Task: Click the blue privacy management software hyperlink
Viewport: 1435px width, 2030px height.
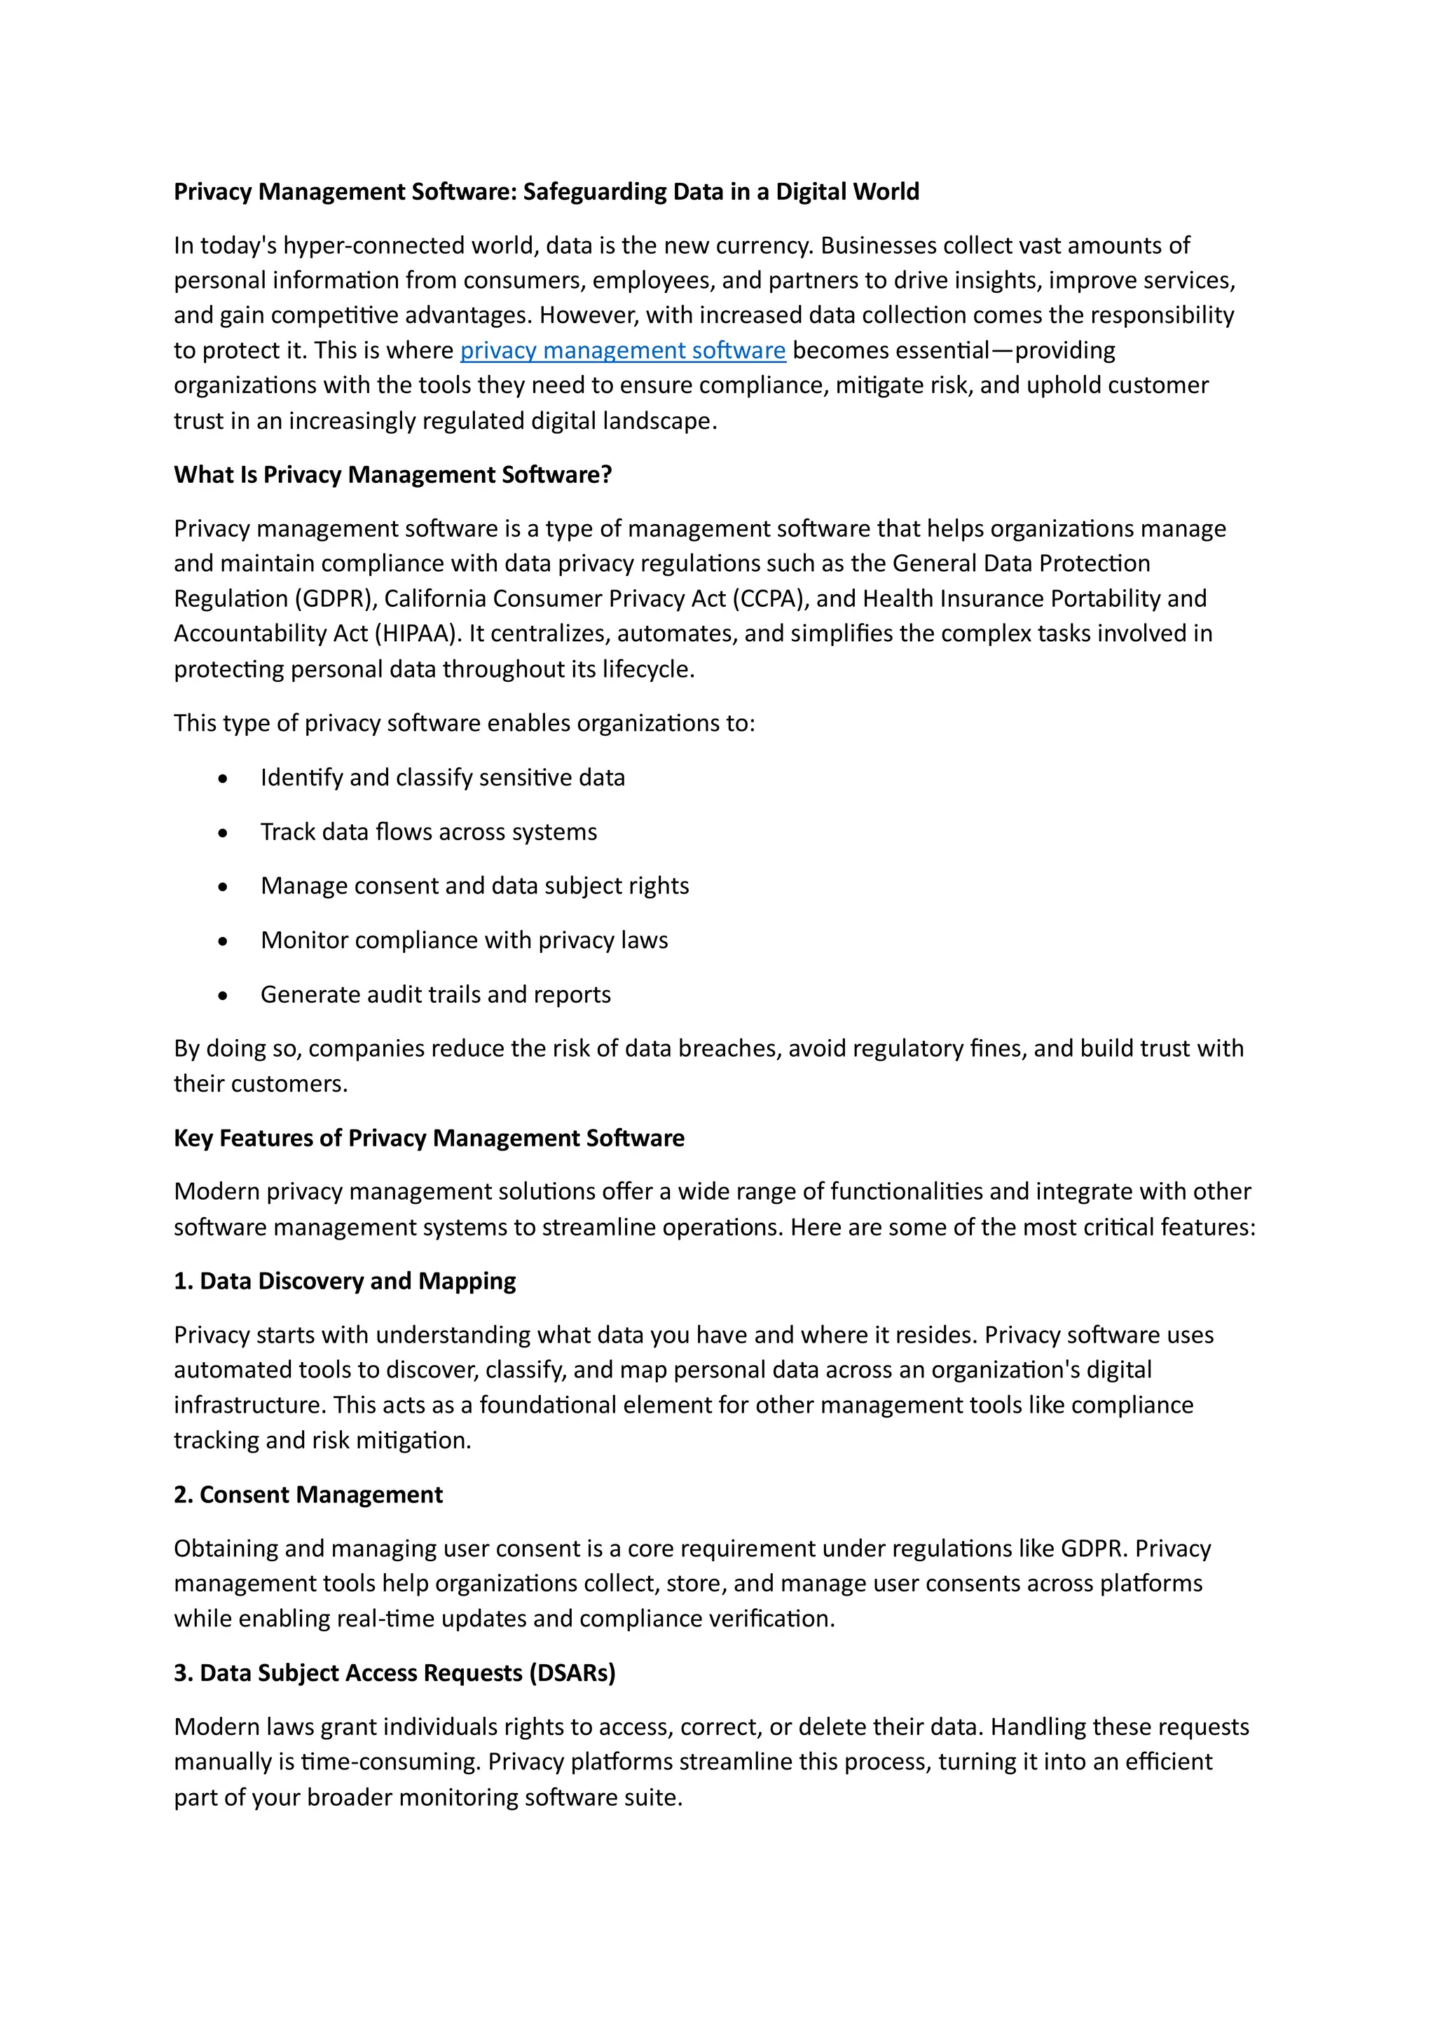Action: click(x=622, y=350)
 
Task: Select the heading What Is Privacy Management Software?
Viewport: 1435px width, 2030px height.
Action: click(x=392, y=475)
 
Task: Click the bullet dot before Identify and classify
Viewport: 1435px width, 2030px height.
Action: click(x=223, y=779)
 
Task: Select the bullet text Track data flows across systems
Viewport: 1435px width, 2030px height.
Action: click(x=429, y=832)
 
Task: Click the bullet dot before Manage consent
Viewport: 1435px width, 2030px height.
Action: click(x=223, y=887)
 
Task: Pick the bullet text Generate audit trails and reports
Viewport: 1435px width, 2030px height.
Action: click(x=435, y=994)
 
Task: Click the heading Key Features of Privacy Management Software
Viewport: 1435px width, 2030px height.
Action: click(x=429, y=1138)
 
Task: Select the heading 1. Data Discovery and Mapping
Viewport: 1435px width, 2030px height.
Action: click(x=345, y=1281)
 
